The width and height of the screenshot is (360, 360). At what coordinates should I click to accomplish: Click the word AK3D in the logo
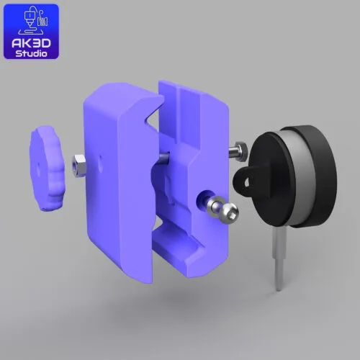tap(31, 43)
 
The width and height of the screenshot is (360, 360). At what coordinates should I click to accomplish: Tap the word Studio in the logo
tap(31, 53)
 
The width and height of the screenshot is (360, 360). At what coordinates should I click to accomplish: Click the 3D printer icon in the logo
tap(34, 20)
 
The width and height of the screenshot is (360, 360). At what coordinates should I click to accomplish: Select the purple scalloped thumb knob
tap(47, 168)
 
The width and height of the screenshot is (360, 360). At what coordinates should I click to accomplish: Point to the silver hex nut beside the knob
tap(78, 166)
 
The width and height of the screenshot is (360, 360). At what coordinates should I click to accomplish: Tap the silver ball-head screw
tap(222, 209)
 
